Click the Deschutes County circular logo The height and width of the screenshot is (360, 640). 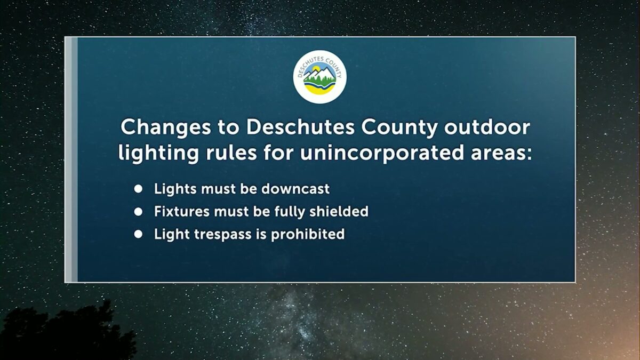click(x=320, y=76)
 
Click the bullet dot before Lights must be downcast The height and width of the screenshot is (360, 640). click(x=139, y=189)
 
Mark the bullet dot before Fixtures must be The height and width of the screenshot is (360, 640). click(x=139, y=212)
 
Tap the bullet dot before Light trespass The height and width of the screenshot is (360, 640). click(x=139, y=234)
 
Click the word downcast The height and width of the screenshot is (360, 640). click(x=297, y=189)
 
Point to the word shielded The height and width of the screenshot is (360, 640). click(x=339, y=212)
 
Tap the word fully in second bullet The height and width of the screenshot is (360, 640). click(x=292, y=212)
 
